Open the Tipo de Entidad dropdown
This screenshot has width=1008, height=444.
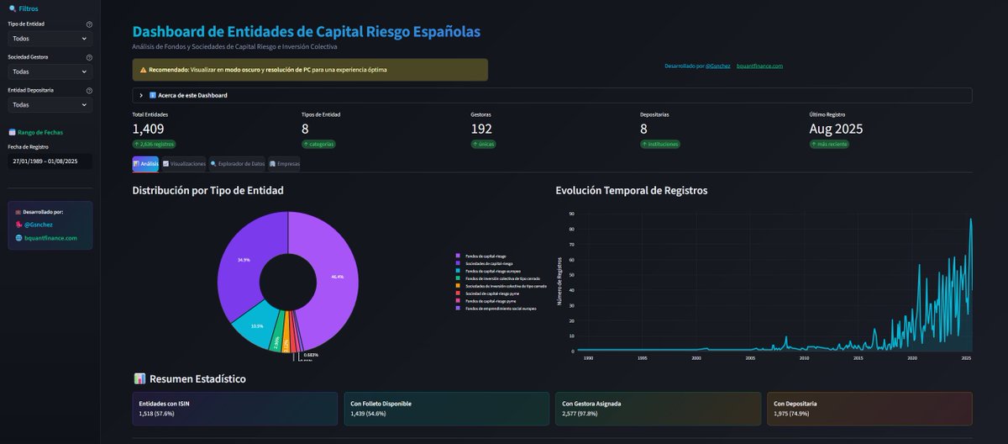click(50, 39)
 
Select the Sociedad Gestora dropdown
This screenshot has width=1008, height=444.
click(50, 71)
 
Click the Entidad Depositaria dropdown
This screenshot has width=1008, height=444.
click(50, 105)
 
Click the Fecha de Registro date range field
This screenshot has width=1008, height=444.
click(50, 161)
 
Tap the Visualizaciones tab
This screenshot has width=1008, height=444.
click(183, 163)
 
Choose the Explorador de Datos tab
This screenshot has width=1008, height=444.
click(237, 163)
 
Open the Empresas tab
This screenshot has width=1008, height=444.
click(284, 163)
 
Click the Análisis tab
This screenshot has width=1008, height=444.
click(145, 163)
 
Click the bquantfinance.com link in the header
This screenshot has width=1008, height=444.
click(759, 66)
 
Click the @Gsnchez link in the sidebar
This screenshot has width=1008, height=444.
click(39, 225)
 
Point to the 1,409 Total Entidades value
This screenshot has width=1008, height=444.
click(148, 129)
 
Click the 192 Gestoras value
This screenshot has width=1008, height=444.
click(482, 129)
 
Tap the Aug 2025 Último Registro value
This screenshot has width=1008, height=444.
click(836, 129)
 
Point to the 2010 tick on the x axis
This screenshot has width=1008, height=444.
click(804, 358)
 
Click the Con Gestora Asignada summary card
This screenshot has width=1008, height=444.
click(658, 408)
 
